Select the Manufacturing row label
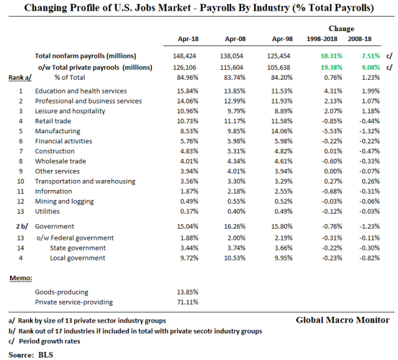57,131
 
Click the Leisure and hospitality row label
70,111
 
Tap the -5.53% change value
326,131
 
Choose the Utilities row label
47,212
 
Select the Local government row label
78,258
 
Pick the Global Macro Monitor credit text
343,320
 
